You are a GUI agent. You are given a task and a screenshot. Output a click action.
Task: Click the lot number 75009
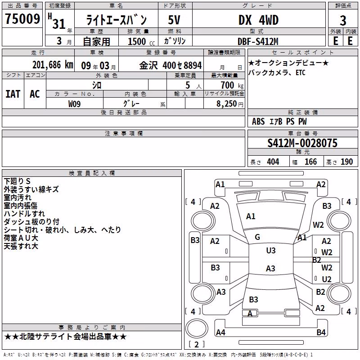click(22, 18)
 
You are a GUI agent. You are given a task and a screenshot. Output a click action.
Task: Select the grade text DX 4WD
click(258, 20)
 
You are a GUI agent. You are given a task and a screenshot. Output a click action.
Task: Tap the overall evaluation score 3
click(343, 21)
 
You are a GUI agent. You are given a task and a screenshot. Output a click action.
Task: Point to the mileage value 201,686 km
click(53, 65)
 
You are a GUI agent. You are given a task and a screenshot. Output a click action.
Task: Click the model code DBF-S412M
click(258, 41)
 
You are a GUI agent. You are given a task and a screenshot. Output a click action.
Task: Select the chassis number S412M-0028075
click(302, 143)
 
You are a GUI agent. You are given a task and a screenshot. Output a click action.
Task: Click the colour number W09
click(74, 104)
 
